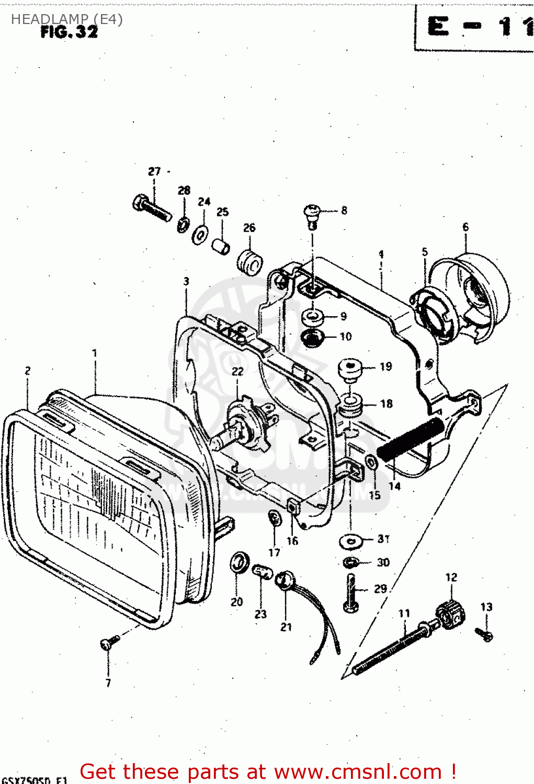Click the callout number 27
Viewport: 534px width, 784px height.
pyautogui.click(x=154, y=171)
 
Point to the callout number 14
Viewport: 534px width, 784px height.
pyautogui.click(x=394, y=486)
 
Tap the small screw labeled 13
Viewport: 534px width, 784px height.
pyautogui.click(x=484, y=634)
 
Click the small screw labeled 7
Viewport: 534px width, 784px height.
pyautogui.click(x=109, y=642)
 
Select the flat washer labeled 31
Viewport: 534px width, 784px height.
pyautogui.click(x=351, y=540)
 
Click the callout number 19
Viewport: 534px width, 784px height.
pyautogui.click(x=386, y=366)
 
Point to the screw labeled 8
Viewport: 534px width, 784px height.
pyautogui.click(x=312, y=215)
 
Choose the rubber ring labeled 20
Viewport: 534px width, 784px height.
pyautogui.click(x=239, y=562)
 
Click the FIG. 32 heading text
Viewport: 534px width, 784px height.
pyautogui.click(x=69, y=32)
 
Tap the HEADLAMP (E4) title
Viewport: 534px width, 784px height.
pyautogui.click(x=67, y=19)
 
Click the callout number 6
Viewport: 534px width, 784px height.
pyautogui.click(x=465, y=227)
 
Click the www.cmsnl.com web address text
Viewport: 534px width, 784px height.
pyautogui.click(x=358, y=772)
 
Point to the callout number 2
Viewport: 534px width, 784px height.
pyautogui.click(x=28, y=371)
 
